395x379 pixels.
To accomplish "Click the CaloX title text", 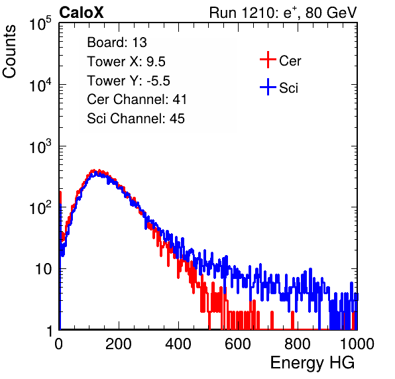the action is (81, 13).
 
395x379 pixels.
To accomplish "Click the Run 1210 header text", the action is (283, 13).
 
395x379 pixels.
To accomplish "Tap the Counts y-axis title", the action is (9, 52).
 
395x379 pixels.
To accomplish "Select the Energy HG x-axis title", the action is (312, 363).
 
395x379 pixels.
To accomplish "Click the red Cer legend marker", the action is (268, 60).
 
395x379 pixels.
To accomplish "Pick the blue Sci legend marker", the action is (268, 87).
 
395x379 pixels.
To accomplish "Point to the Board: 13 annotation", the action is (117, 42).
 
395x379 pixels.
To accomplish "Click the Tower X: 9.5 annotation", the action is (126, 62).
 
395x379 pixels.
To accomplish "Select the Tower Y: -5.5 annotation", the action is (129, 81).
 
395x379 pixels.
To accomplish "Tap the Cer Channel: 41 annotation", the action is (137, 99).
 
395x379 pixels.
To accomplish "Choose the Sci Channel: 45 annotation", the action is (136, 119).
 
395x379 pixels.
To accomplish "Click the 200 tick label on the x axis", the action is (119, 344).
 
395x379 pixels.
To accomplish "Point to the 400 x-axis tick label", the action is (178, 344).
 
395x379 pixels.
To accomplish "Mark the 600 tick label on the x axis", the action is (238, 344).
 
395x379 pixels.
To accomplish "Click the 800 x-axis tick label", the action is (298, 344).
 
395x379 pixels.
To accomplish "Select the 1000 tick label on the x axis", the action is (357, 344).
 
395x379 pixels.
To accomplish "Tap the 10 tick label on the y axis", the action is (44, 269).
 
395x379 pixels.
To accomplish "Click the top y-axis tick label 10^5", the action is (40, 23).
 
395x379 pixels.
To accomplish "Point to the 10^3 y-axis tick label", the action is (40, 146).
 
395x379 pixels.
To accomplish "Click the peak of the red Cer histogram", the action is (93, 171).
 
